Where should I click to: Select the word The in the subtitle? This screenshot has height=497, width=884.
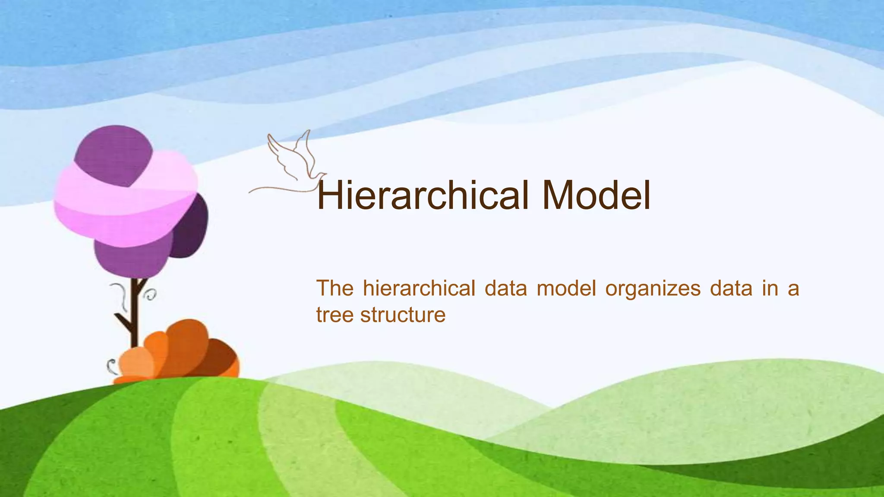[335, 288]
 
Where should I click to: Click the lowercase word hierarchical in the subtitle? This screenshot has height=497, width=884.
[419, 288]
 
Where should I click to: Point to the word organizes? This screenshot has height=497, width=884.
[653, 289]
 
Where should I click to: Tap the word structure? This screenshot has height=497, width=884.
[403, 315]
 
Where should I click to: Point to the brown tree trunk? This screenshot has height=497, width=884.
[134, 315]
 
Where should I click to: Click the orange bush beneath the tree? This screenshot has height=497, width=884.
[181, 352]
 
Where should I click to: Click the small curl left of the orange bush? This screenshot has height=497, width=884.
[111, 367]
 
